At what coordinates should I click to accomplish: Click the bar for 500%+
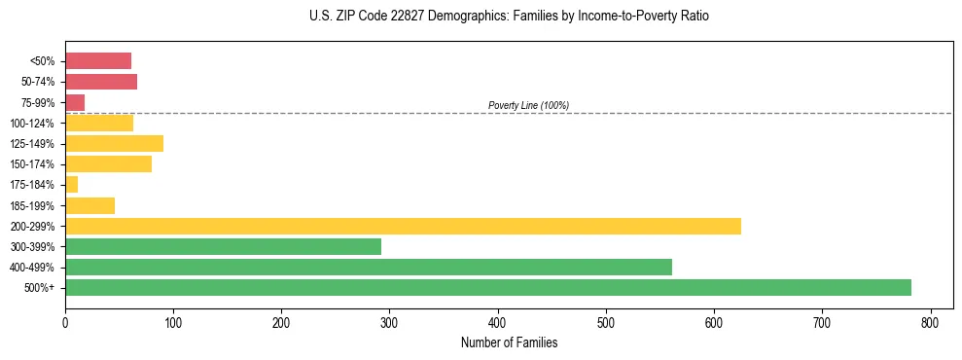click(x=487, y=287)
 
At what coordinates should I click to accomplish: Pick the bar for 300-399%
click(x=223, y=246)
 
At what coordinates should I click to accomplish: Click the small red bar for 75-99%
click(x=75, y=102)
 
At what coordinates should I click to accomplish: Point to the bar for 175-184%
click(x=71, y=184)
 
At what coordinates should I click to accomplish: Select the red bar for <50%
click(x=97, y=61)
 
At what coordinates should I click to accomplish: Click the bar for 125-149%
click(x=114, y=143)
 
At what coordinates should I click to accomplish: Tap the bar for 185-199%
click(x=89, y=205)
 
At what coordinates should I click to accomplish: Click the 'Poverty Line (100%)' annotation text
click(x=528, y=105)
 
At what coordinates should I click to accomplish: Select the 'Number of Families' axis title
click(x=509, y=342)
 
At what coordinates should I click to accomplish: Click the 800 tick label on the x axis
click(x=931, y=322)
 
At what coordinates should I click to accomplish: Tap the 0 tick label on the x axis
click(x=65, y=322)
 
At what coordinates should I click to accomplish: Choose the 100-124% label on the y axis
click(x=33, y=124)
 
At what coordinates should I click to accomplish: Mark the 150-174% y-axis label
click(x=33, y=164)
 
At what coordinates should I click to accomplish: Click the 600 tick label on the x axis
click(x=714, y=322)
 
